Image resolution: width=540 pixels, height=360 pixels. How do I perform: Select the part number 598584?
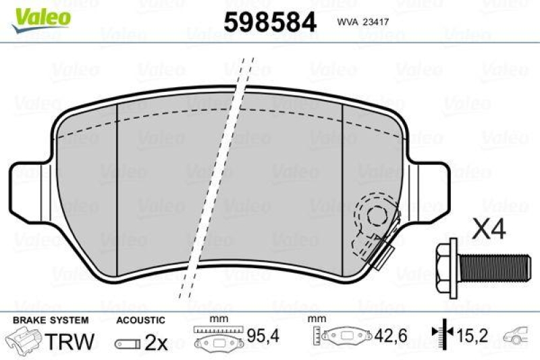click(269, 22)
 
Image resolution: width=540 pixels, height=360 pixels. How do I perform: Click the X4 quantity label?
click(489, 230)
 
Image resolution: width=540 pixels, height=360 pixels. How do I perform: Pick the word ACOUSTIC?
click(140, 320)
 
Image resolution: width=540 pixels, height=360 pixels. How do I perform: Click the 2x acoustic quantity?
click(157, 343)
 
